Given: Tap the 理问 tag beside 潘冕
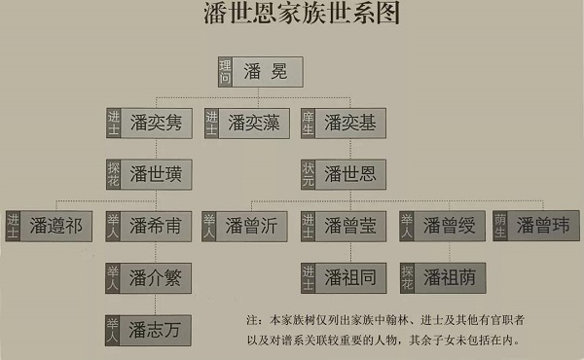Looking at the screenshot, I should click(x=226, y=73).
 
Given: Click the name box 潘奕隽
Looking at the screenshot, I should click(x=159, y=124).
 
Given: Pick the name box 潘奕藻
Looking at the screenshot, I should click(x=252, y=124).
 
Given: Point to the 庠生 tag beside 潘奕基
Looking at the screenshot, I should click(x=309, y=124).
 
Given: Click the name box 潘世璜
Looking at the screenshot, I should click(x=159, y=175).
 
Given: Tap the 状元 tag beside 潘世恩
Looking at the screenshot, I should click(x=309, y=175).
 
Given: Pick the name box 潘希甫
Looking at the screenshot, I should click(x=159, y=228).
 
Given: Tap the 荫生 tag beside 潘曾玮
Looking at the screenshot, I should click(x=500, y=228).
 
